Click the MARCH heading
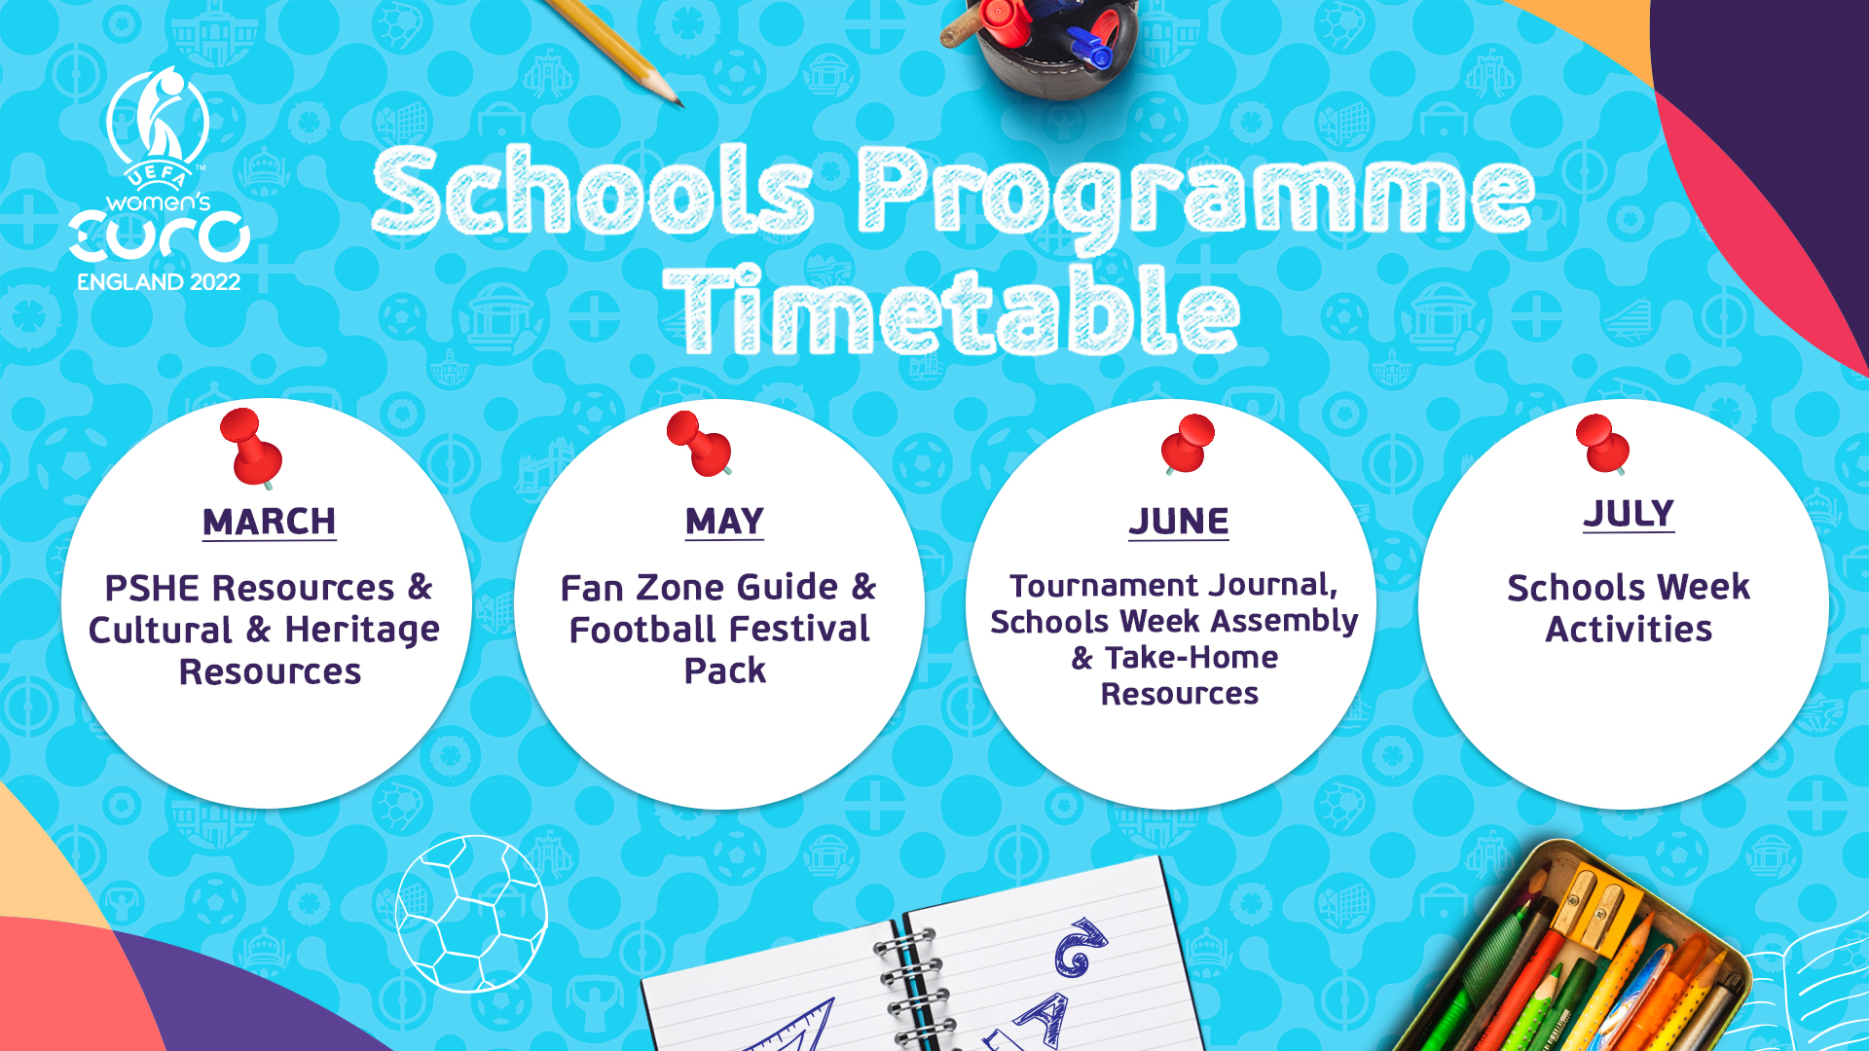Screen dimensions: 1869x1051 point(270,522)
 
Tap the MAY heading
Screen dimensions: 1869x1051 point(725,522)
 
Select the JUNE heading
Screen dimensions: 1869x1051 point(1179,522)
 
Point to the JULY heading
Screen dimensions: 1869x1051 point(1629,514)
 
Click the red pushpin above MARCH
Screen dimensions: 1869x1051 point(251,449)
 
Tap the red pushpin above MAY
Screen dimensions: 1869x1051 point(699,444)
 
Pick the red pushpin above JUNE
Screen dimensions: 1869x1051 point(1188,444)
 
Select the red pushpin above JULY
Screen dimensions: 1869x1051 point(1602,444)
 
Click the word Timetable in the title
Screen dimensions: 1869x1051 point(951,310)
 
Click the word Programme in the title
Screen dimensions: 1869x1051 point(1195,199)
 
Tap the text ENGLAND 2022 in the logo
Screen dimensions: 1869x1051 point(159,282)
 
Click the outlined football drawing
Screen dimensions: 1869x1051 point(471,913)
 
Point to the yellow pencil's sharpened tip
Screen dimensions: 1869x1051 point(678,103)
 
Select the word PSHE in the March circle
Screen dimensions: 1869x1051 point(152,588)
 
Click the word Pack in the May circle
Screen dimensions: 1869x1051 point(725,670)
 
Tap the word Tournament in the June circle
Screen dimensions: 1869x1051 point(1104,585)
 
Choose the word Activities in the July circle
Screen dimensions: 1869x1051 point(1629,629)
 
